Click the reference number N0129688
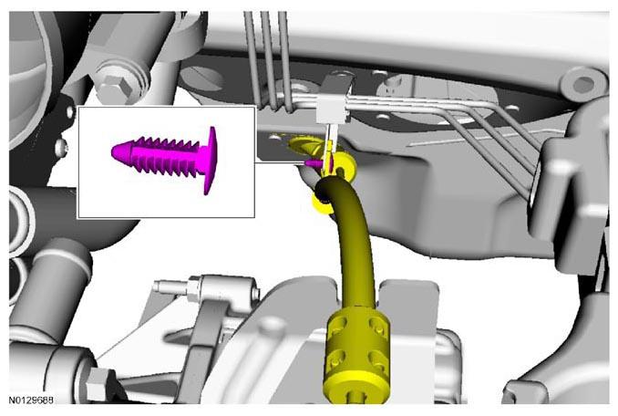[x=31, y=400]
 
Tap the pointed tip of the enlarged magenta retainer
[x=112, y=152]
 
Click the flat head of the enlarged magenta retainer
[x=211, y=160]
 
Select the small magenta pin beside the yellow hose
[x=314, y=163]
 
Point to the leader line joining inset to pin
[x=280, y=162]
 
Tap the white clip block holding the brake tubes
[x=333, y=109]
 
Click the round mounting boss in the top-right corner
[x=582, y=84]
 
